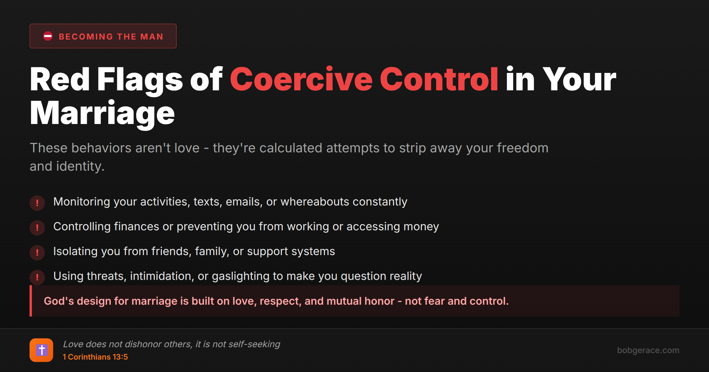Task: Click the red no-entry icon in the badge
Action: pos(48,36)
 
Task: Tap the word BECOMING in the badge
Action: pos(86,37)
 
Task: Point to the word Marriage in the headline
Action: pos(102,113)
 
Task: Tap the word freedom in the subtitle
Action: pos(522,148)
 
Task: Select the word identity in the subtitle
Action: pos(80,166)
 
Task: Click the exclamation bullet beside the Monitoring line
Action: pos(37,203)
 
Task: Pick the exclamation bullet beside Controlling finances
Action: pos(37,228)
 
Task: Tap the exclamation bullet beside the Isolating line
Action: pos(37,252)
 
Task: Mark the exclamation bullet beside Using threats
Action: pos(37,277)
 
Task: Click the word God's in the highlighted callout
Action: pos(59,301)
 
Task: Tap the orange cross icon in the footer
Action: pos(41,350)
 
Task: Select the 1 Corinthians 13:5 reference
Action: pos(95,357)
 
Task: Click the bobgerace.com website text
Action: pos(648,350)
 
